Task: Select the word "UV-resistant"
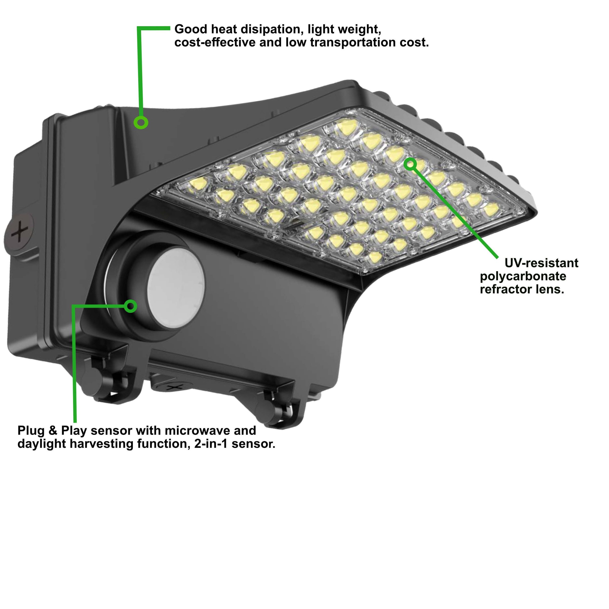point(541,263)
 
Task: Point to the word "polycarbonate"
point(523,276)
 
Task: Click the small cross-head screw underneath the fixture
point(172,387)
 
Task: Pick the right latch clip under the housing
point(277,407)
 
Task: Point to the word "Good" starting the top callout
point(191,29)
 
